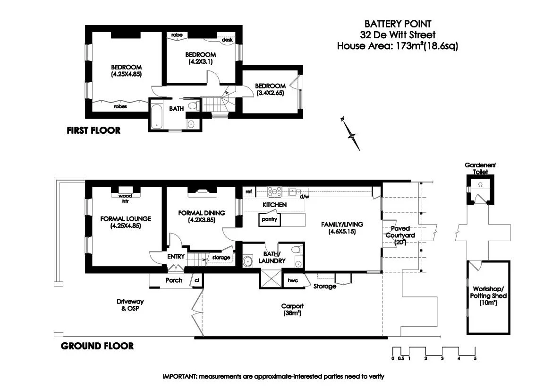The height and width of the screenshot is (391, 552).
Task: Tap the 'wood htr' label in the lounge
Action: click(x=125, y=198)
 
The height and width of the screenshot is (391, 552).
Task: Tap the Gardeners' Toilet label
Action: click(x=480, y=168)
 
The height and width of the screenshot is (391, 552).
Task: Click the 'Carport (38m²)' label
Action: click(x=292, y=309)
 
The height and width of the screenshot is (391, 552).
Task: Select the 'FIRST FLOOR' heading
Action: click(x=93, y=130)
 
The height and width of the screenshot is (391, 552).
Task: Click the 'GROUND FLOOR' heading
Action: click(x=97, y=346)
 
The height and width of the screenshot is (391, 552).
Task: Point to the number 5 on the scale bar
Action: click(x=475, y=358)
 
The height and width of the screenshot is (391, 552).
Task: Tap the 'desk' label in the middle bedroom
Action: click(x=227, y=41)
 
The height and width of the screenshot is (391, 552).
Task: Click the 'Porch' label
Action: click(x=173, y=280)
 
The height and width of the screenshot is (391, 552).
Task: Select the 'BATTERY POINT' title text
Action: click(x=398, y=24)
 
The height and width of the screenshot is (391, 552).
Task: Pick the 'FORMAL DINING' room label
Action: click(x=202, y=213)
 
